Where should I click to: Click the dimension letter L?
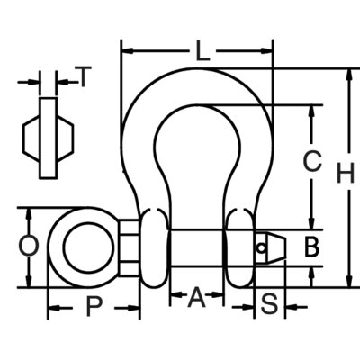pos(202,51)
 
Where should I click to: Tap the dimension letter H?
pos(346,173)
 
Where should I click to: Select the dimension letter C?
pos(312,161)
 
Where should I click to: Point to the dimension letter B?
pos(311,247)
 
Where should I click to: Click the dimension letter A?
pos(197,297)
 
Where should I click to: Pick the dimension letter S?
pos(269,304)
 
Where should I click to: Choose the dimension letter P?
pos(94,306)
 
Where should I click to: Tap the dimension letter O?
pos(29,246)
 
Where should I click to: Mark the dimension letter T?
pos(84,76)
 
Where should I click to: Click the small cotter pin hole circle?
pos(261,248)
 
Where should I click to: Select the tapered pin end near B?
pos(271,248)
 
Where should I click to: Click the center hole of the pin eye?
pos(88,247)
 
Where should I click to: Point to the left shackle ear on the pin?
pos(155,247)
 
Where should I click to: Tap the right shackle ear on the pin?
pos(240,247)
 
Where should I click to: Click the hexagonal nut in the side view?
pos(48,139)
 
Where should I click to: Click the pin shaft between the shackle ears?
pos(197,248)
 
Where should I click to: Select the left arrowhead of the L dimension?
pos(127,51)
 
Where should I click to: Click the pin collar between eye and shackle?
pos(130,247)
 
